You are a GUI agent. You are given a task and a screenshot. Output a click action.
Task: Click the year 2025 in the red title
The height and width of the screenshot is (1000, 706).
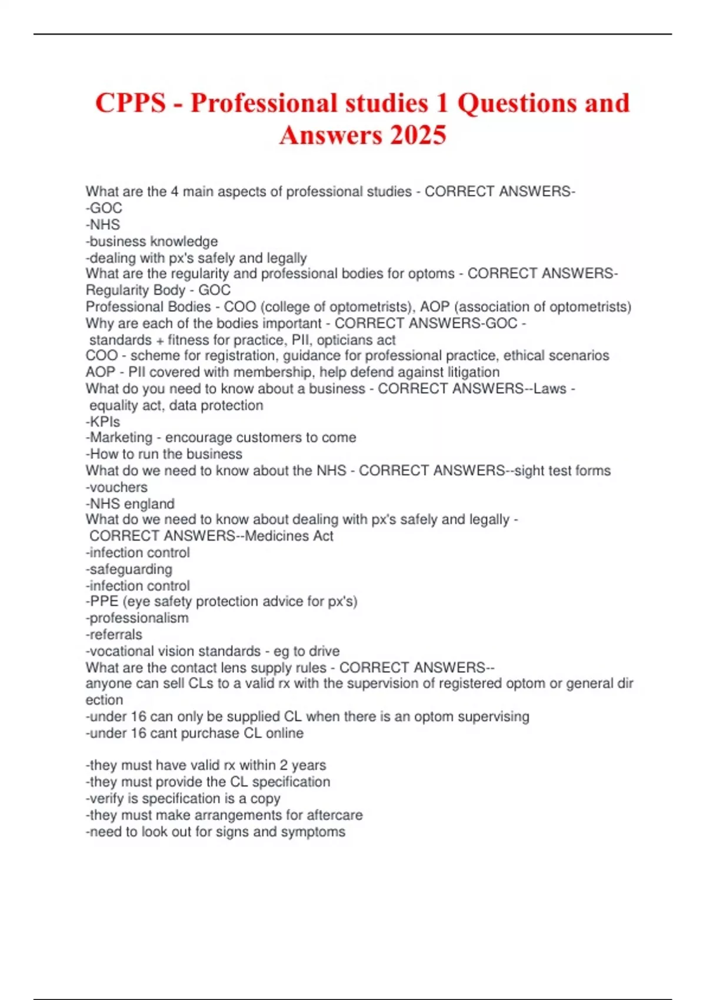418,135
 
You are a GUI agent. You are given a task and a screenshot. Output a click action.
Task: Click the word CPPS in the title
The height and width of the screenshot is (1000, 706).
131,104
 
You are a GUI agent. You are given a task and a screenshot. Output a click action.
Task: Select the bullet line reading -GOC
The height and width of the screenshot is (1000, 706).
104,208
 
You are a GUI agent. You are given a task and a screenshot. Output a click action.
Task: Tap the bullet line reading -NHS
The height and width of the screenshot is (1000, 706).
103,225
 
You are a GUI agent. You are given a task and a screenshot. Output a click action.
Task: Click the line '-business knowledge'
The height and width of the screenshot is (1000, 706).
152,241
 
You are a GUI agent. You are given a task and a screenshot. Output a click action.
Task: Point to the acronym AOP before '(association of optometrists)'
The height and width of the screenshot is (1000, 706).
434,306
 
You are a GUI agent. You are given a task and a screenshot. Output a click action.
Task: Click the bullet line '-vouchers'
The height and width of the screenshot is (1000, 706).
116,487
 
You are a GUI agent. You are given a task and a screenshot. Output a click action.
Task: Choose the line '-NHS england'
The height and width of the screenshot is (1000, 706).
130,504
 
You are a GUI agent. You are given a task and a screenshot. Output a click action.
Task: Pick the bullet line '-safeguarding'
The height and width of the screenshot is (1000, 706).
129,569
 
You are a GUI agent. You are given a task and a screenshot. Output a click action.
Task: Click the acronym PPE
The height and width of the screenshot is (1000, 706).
104,601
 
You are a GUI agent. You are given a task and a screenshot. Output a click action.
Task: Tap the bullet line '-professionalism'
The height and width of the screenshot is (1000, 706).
137,618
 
